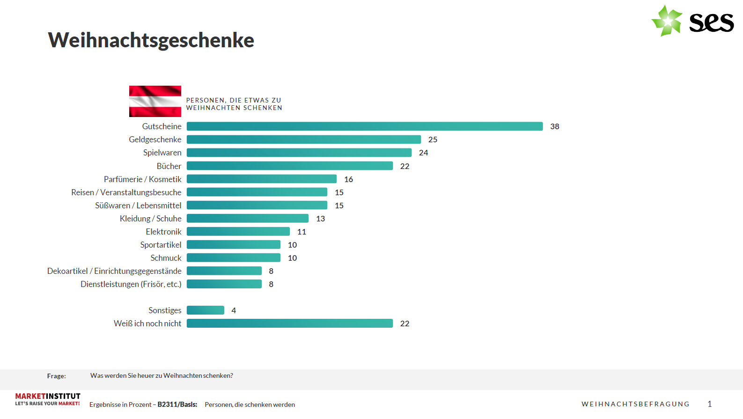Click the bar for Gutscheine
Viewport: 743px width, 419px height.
(364, 126)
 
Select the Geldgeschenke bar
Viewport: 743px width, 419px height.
(303, 140)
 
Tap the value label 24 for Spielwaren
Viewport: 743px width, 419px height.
(423, 153)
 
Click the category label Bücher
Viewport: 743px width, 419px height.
(169, 166)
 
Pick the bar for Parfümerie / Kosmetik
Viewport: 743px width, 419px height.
(261, 179)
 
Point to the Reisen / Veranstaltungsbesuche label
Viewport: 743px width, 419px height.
(126, 192)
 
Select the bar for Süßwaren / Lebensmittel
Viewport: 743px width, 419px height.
(257, 205)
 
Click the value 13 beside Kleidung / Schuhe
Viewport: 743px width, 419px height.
(320, 219)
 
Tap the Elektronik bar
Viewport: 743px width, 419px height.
(238, 231)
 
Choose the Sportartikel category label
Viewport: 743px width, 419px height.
(161, 245)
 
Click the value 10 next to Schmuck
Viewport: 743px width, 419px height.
(292, 258)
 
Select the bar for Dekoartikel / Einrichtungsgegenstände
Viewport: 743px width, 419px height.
(224, 271)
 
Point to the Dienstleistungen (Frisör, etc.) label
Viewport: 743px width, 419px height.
(131, 284)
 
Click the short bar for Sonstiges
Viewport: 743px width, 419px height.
(205, 310)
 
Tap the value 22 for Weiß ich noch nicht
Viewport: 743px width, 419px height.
(405, 323)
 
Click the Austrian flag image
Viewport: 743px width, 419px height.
(155, 101)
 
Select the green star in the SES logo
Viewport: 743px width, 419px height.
(667, 21)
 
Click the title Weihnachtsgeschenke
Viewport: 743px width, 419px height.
(151, 40)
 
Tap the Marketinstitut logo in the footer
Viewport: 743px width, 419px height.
(47, 399)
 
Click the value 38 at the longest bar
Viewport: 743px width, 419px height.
(554, 126)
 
